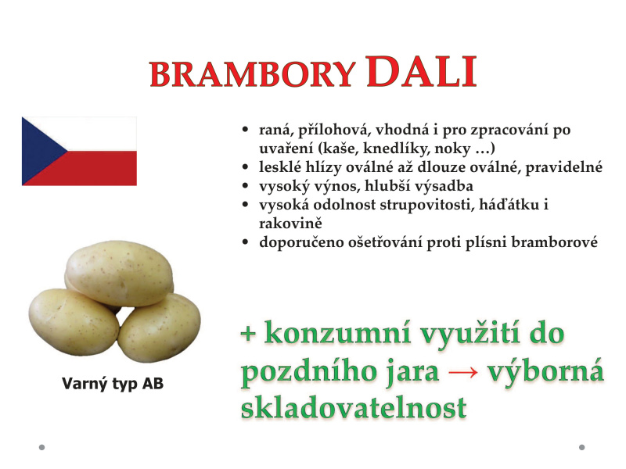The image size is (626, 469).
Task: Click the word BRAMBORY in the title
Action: pyautogui.click(x=252, y=74)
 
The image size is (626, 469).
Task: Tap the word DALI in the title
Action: pyautogui.click(x=421, y=71)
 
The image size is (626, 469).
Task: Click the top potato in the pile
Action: pyautogui.click(x=119, y=272)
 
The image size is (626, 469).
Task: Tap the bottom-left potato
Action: pyautogui.click(x=74, y=322)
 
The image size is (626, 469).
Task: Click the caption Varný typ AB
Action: pyautogui.click(x=113, y=384)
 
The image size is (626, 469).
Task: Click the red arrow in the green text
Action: pyautogui.click(x=463, y=372)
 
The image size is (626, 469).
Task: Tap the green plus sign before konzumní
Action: pyautogui.click(x=248, y=334)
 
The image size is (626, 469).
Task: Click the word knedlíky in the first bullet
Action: pyautogui.click(x=397, y=149)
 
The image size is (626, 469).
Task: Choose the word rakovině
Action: pyautogui.click(x=290, y=223)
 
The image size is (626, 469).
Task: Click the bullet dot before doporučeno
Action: pyautogui.click(x=245, y=242)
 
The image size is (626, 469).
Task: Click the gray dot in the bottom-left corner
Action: pyautogui.click(x=41, y=447)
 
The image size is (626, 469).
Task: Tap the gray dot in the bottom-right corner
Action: pyautogui.click(x=581, y=447)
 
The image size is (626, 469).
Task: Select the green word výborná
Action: pyautogui.click(x=545, y=371)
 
